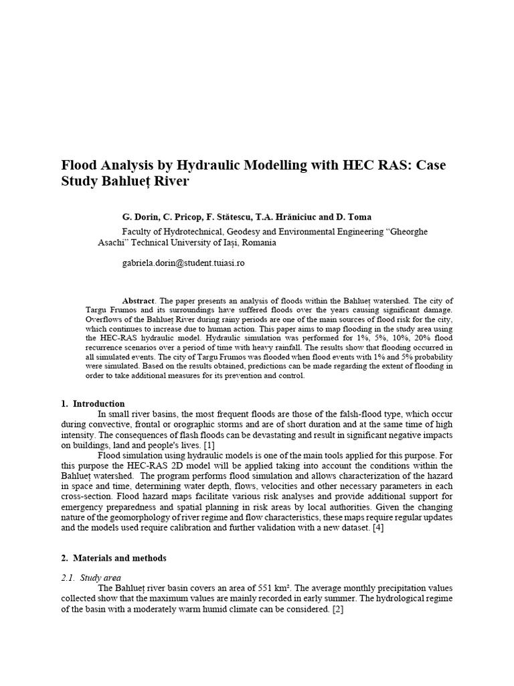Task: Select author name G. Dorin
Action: tap(140, 217)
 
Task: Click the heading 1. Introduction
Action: tap(92, 404)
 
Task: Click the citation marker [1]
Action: tap(209, 445)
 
